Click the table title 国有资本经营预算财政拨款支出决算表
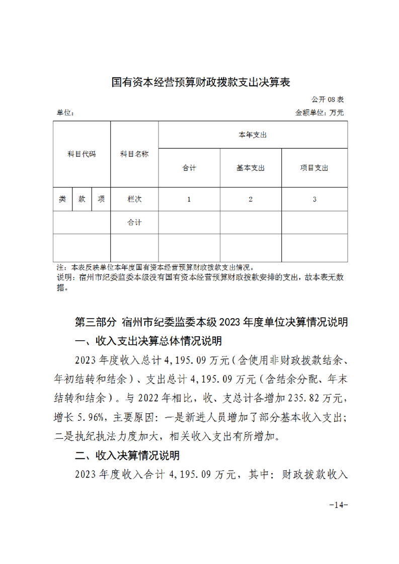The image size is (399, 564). pos(200,82)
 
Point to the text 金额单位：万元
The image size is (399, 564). pos(319,113)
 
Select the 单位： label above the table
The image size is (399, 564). pos(65,113)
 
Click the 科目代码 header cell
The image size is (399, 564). pos(82,154)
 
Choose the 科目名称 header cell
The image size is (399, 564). pos(134,154)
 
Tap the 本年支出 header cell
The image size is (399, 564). pos(253,135)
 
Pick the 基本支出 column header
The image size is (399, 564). pos(251,168)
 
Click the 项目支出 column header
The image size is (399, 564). pos(314,168)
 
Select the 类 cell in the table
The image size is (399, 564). pos(62,199)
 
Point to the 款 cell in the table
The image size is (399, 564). pos(82,199)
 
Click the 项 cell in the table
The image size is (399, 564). pos(101,199)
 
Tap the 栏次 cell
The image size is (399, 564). pos(134,199)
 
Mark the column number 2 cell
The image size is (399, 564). pos(251,199)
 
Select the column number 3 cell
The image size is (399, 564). pos(314,199)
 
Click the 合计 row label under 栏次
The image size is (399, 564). pos(134,222)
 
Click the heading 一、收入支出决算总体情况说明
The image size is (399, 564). pos(148,342)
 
